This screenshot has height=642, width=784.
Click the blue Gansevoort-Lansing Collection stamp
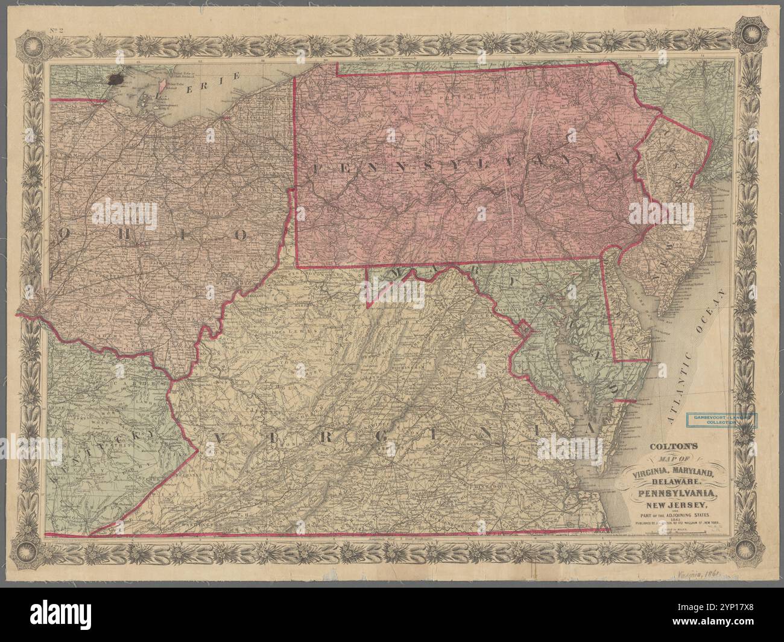721,419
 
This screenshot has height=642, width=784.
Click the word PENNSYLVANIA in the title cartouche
678,494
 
